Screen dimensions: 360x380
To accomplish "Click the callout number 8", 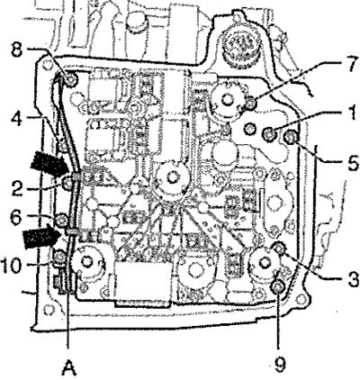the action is point(17,50).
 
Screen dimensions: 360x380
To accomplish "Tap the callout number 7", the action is point(351,63).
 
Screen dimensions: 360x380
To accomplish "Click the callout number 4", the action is point(17,119).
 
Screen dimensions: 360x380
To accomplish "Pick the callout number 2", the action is point(17,188).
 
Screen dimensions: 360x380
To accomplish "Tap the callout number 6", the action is point(16,217).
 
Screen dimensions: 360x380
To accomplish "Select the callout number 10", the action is point(11,266).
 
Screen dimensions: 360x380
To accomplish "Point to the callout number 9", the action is point(280,364).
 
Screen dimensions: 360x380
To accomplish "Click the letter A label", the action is point(68,368).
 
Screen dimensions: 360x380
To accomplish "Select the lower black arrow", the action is point(43,236).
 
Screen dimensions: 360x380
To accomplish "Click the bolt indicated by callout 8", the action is point(71,80).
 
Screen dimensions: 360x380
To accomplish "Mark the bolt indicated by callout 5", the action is point(290,138).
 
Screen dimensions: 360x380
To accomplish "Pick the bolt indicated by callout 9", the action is point(276,287).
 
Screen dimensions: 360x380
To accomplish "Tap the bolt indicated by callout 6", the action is point(62,220).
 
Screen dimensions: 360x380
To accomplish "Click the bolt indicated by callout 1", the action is point(269,134).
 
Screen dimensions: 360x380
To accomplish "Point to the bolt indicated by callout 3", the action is point(279,248).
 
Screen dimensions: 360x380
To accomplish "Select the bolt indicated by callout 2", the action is point(67,183).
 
